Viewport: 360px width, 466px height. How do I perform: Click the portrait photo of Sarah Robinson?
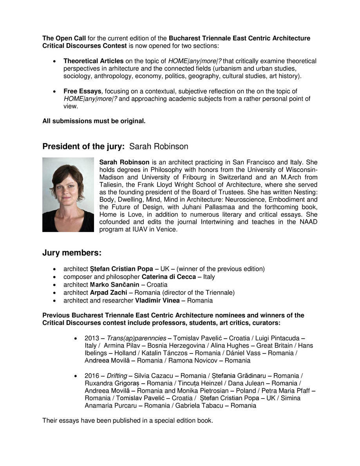pyautogui.click(x=68, y=194)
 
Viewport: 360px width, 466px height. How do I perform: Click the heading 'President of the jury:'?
pyautogui.click(x=83, y=147)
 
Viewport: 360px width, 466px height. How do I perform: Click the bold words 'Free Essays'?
pyautogui.click(x=82, y=91)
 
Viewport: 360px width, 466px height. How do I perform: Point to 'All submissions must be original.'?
pyautogui.click(x=94, y=121)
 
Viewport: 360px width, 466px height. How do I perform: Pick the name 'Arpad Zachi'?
pyautogui.click(x=108, y=293)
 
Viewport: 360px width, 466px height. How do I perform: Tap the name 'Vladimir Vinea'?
pyautogui.click(x=157, y=301)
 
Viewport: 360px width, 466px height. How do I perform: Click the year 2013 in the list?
pyautogui.click(x=92, y=338)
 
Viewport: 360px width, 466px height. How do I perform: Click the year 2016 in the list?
pyautogui.click(x=92, y=376)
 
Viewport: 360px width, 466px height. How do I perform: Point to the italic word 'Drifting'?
pyautogui.click(x=117, y=376)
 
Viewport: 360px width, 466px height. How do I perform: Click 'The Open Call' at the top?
pyautogui.click(x=64, y=38)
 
